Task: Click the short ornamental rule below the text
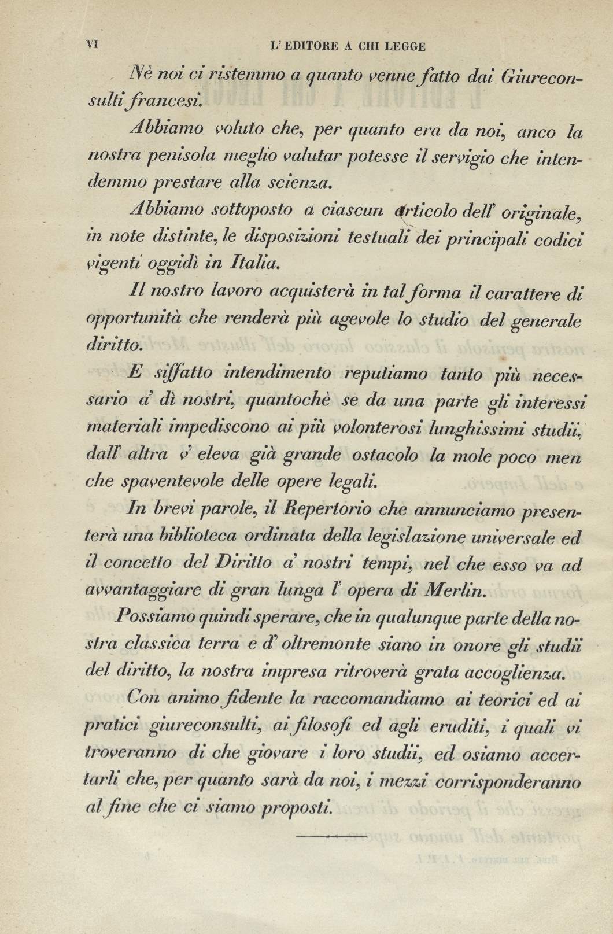point(331,835)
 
